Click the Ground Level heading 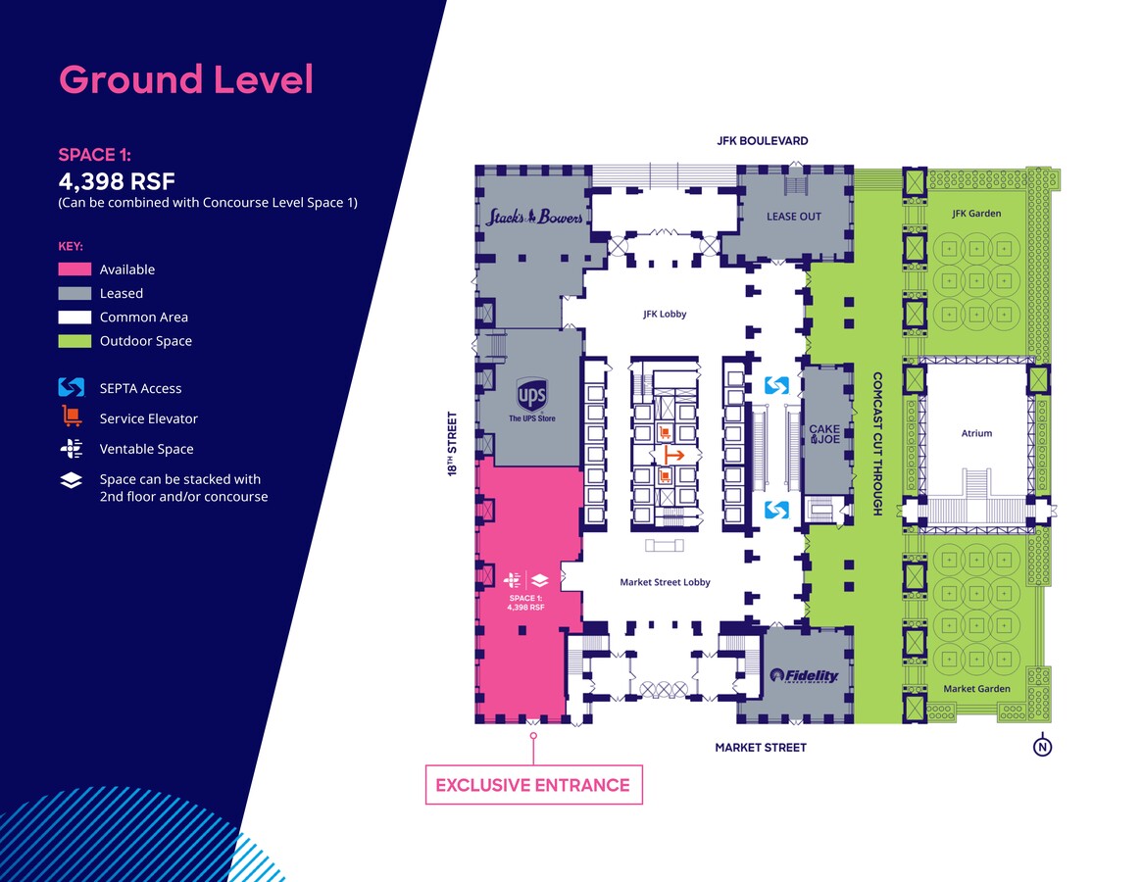[186, 79]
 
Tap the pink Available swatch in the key [74, 269]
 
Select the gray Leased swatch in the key [74, 293]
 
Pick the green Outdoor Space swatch [74, 341]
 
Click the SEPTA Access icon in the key [71, 388]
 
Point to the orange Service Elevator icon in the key [71, 417]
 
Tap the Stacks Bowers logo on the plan [534, 217]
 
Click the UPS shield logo [531, 396]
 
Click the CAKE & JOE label [824, 434]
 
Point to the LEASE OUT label [793, 216]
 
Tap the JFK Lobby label [665, 315]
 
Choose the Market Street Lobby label [665, 582]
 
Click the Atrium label [976, 433]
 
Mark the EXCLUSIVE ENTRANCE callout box [533, 785]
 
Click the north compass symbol [1043, 747]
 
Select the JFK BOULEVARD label [763, 141]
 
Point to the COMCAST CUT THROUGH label [877, 443]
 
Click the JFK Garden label [976, 214]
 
